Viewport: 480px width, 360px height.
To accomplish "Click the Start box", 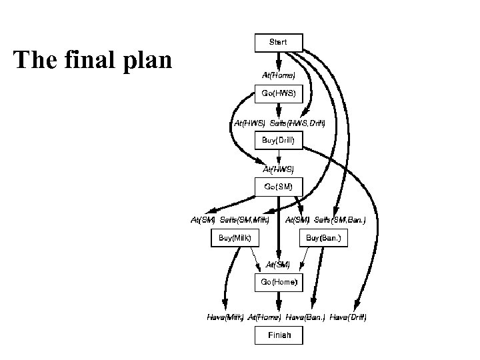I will [279, 43].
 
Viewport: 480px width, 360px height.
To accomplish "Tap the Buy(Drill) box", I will [279, 141].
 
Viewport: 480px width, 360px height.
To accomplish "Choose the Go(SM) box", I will [279, 187].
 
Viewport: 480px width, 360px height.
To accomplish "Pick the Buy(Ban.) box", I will [323, 238].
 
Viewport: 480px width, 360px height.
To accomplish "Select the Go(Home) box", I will [279, 283].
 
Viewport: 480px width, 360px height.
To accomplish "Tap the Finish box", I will [279, 335].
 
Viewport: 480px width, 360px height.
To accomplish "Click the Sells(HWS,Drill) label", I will [297, 123].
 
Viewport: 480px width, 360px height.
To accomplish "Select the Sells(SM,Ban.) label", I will [340, 219].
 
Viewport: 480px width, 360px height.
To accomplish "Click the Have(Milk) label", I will [224, 317].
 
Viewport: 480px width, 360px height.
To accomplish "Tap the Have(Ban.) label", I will [305, 317].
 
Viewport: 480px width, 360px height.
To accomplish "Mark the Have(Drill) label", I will [348, 317].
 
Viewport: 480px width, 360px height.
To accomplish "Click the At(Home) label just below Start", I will [279, 75].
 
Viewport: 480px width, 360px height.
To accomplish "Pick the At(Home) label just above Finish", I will [265, 317].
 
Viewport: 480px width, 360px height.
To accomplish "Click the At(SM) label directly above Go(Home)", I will [279, 265].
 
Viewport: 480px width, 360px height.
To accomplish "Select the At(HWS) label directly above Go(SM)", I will [279, 170].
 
